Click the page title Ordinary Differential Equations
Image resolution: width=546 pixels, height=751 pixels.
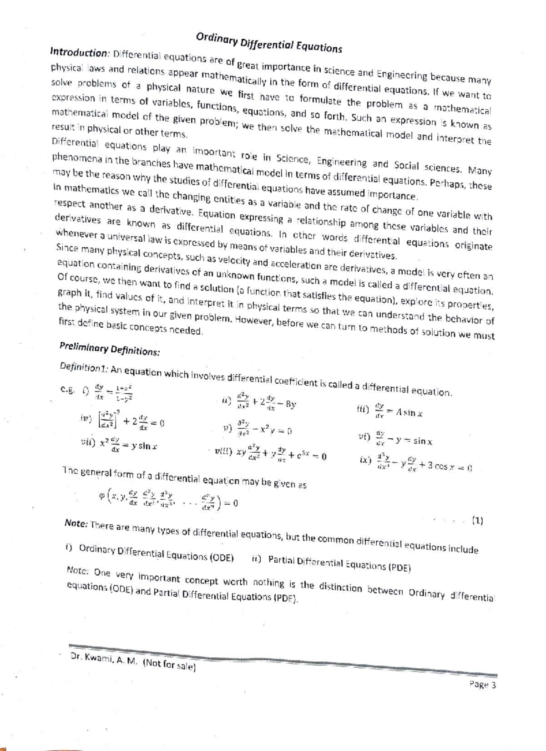pyautogui.click(x=268, y=42)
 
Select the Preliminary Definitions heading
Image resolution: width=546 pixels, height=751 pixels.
pyautogui.click(x=109, y=349)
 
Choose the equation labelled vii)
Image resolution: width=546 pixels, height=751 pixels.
pyautogui.click(x=119, y=445)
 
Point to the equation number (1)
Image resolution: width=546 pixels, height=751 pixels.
pyautogui.click(x=477, y=520)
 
